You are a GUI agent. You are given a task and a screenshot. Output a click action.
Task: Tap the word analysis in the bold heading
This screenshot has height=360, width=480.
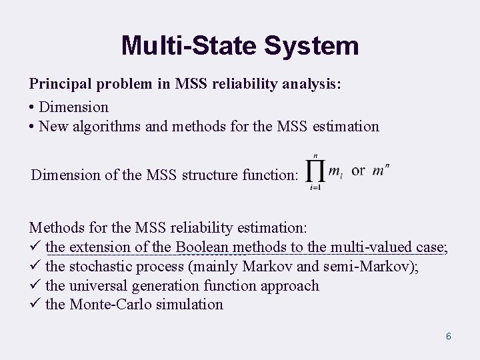pyautogui.click(x=311, y=85)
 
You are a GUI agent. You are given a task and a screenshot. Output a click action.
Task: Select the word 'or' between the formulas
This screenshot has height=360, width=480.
pyautogui.click(x=358, y=171)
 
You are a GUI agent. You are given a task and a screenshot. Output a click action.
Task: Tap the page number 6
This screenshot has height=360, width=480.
pyautogui.click(x=449, y=336)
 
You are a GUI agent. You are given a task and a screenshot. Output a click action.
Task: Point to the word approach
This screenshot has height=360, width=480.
pyautogui.click(x=289, y=286)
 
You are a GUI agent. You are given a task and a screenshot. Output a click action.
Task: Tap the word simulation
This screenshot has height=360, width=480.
pyautogui.click(x=192, y=305)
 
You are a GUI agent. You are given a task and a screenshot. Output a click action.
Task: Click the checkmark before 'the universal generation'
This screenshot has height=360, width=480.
pyautogui.click(x=35, y=285)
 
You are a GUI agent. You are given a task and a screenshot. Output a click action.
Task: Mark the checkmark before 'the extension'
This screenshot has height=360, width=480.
pyautogui.click(x=35, y=248)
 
